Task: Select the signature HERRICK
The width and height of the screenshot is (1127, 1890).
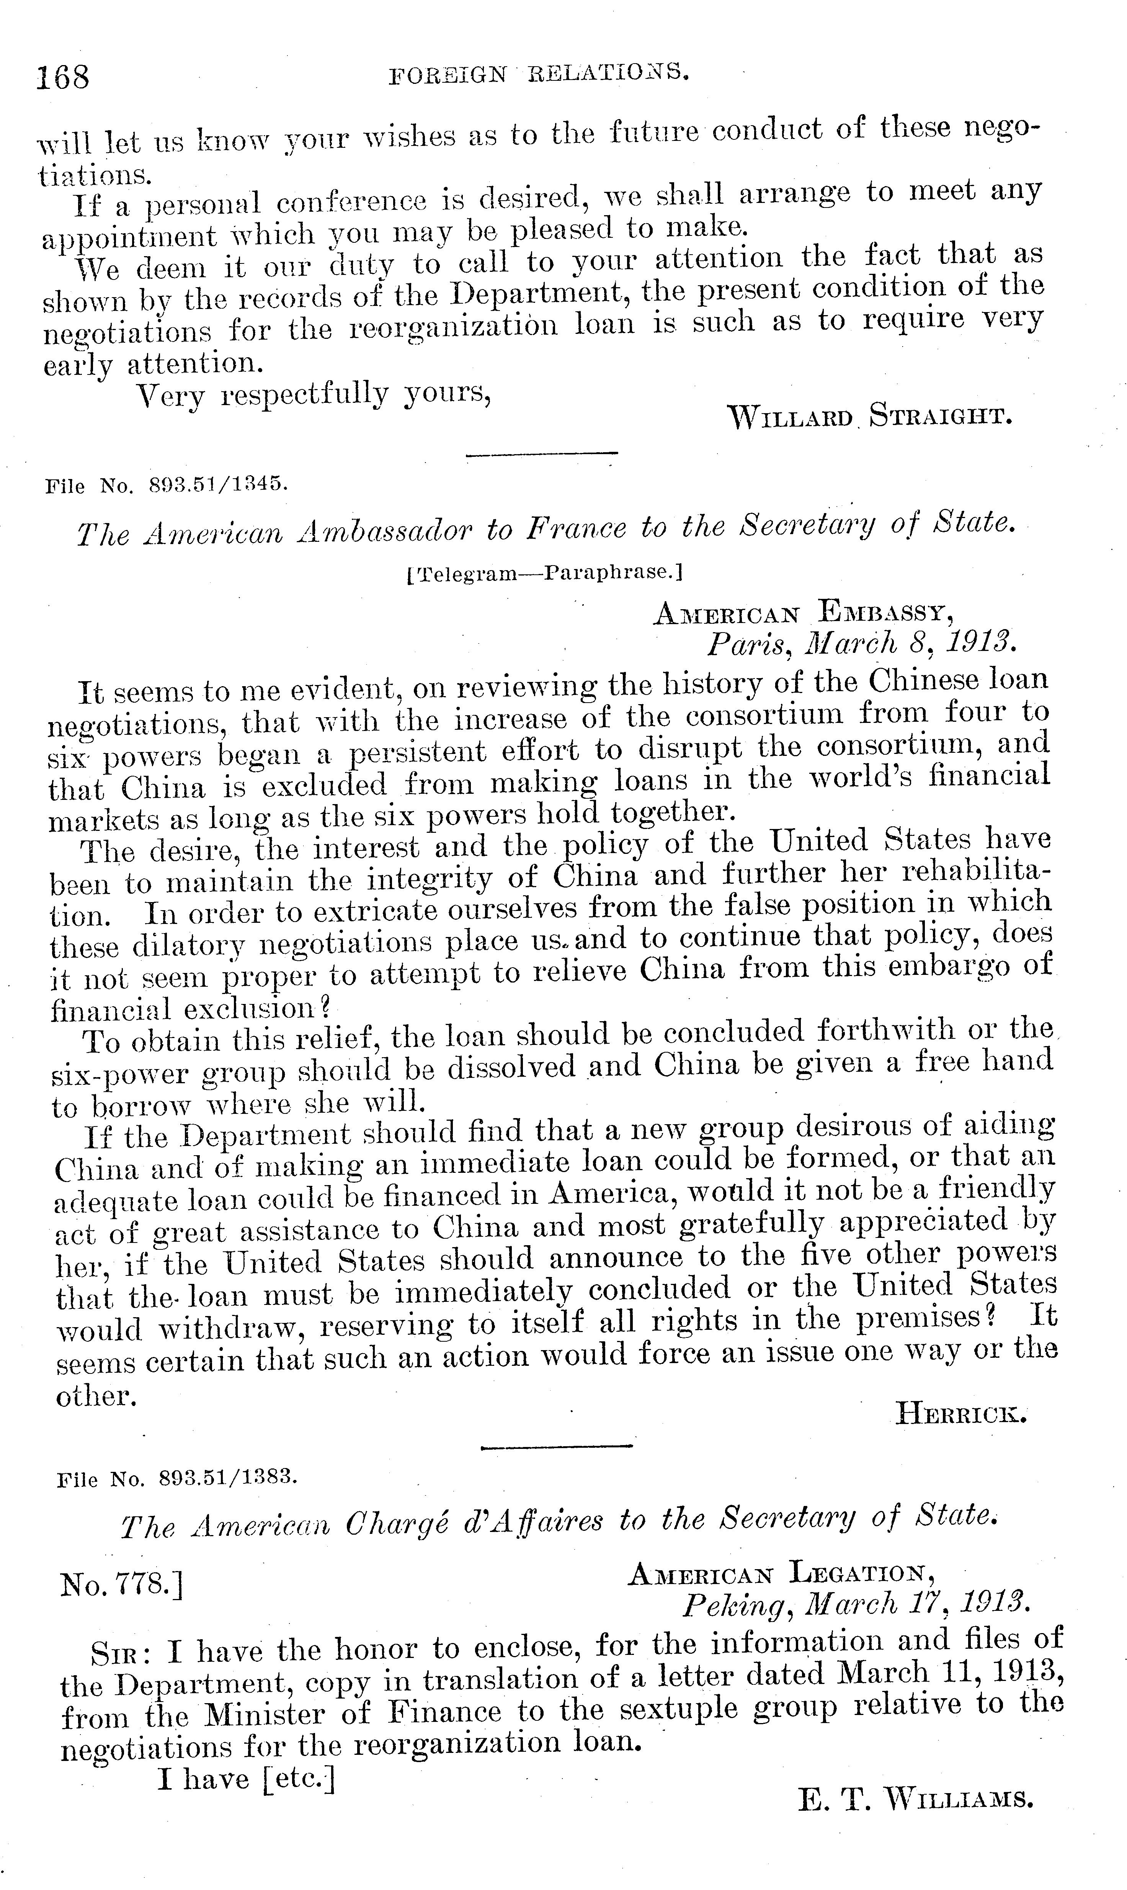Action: pos(962,1414)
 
